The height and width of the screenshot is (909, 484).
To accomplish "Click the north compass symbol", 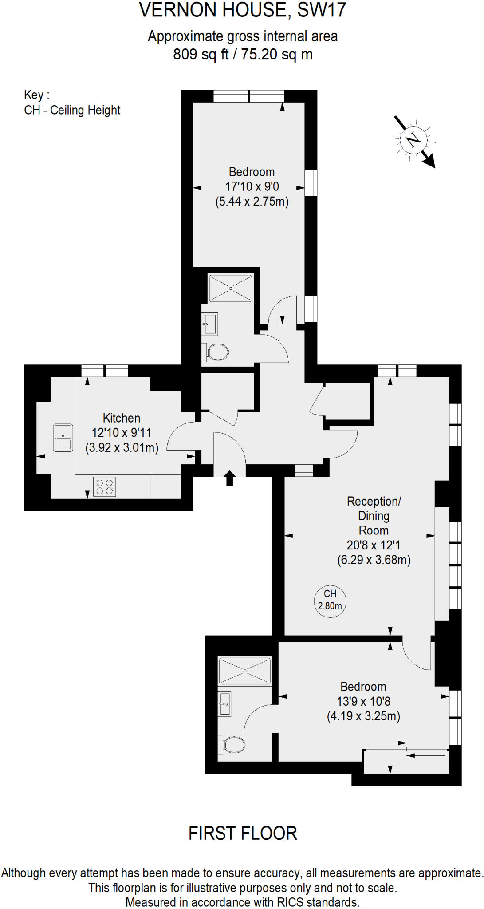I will click(413, 140).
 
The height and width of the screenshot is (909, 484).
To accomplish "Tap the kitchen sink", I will click(63, 438).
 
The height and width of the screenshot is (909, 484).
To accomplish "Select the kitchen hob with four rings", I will click(105, 486).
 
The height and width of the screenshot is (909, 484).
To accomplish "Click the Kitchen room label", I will click(122, 418).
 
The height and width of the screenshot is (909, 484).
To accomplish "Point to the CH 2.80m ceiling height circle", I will click(330, 600).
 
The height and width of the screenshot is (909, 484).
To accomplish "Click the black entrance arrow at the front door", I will click(229, 478).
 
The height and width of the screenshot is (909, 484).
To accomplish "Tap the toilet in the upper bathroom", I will click(217, 352).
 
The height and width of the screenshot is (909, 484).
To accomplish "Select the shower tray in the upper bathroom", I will click(230, 289).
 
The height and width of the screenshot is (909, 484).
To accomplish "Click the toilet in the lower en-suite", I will click(233, 745).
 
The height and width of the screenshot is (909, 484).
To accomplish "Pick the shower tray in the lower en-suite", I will click(244, 671).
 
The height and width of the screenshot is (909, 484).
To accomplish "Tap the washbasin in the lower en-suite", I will click(225, 704).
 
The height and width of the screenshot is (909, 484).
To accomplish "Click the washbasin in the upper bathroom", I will click(210, 324).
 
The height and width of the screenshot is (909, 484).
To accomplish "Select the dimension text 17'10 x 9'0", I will click(252, 187).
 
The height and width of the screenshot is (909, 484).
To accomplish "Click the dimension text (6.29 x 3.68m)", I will click(374, 560).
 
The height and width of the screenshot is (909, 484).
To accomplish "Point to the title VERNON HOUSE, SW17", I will click(242, 11).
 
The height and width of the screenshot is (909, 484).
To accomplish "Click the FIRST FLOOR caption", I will click(243, 833).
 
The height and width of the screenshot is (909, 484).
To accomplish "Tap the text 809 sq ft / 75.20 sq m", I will click(243, 55).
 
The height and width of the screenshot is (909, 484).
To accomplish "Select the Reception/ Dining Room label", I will click(374, 515).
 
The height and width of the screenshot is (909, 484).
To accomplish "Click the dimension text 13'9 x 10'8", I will click(363, 701).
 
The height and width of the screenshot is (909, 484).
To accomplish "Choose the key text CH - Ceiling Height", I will click(72, 110).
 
